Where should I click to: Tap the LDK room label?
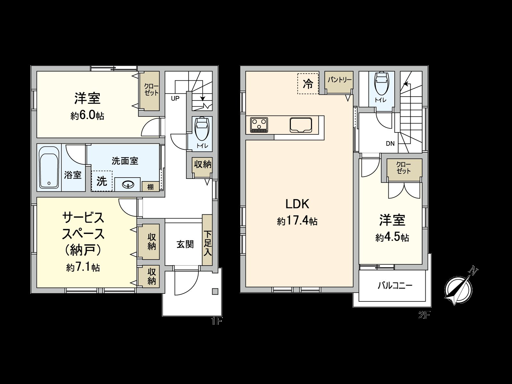click(297, 204)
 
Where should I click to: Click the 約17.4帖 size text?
click(297, 221)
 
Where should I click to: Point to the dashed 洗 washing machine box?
click(102, 181)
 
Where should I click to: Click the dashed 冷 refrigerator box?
click(308, 84)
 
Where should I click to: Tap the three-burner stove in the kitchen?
click(259, 124)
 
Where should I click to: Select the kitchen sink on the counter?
click(301, 124)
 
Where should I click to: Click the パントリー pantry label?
click(340, 80)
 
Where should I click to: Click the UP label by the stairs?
click(175, 99)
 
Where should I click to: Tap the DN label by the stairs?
click(390, 144)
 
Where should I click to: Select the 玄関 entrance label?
click(185, 244)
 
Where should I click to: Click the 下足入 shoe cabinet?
click(207, 240)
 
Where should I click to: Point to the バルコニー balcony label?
click(395, 286)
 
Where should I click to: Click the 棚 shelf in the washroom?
click(150, 187)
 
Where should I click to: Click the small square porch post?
click(215, 291)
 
